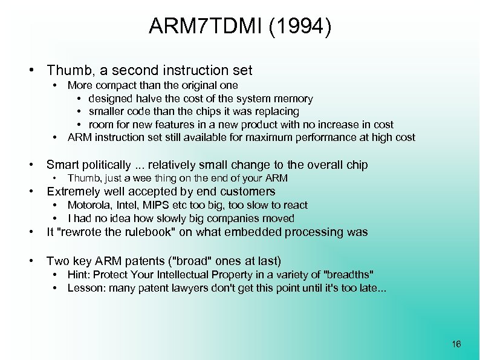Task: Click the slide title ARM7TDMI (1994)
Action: point(240,27)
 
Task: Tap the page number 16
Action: point(456,344)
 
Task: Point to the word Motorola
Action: point(88,205)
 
